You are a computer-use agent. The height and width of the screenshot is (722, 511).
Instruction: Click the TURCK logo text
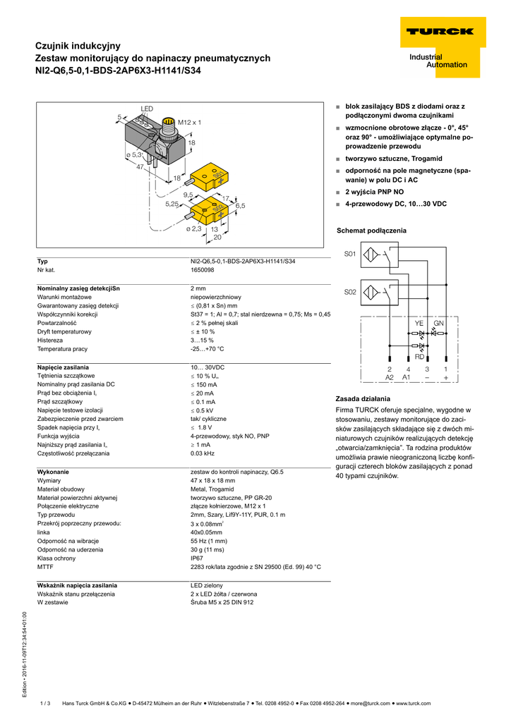(x=439, y=32)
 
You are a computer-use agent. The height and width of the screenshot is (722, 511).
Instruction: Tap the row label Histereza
(x=53, y=340)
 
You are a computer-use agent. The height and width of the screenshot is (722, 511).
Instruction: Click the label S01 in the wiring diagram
(x=350, y=255)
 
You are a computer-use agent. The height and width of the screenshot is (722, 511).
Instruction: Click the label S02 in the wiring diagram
(x=350, y=292)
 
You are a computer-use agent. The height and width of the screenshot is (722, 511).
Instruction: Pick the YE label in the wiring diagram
(x=419, y=323)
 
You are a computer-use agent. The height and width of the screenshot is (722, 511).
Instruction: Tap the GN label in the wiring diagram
(x=438, y=323)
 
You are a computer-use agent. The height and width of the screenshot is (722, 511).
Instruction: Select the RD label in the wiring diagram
(x=419, y=356)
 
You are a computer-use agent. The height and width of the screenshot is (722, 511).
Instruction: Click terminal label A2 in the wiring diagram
(x=390, y=378)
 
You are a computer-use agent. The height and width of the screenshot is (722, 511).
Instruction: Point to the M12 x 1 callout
(x=189, y=123)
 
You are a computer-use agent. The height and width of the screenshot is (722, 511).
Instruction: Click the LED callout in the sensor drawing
(x=147, y=109)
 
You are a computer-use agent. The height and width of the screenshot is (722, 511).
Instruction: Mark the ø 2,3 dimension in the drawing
(x=193, y=228)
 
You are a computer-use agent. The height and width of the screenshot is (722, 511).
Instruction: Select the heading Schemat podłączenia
(x=371, y=231)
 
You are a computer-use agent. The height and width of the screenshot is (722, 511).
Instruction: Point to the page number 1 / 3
(x=46, y=703)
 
